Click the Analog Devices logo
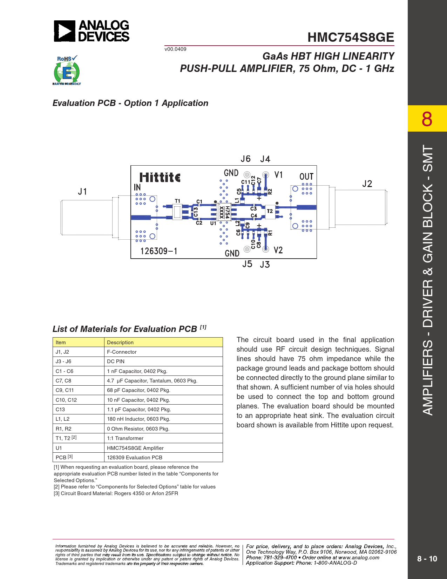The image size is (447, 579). tap(92, 31)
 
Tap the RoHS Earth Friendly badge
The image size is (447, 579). tap(67, 71)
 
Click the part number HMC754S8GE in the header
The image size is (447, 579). tap(351, 37)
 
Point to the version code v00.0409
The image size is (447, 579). tap(175, 49)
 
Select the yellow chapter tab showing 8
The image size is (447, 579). tap(427, 119)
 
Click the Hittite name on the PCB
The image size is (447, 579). tap(160, 177)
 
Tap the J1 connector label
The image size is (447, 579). tap(82, 192)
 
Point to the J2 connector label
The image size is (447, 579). tap(367, 184)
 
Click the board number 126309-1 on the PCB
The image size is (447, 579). tap(159, 251)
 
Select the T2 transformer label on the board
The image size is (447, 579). tap(270, 211)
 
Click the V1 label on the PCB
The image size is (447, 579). tap(278, 175)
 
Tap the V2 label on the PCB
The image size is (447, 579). tap(278, 250)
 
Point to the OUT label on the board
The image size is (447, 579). tap(306, 177)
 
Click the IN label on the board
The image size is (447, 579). tap(137, 188)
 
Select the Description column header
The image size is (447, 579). tap(120, 342)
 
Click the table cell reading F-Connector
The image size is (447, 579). tap(122, 352)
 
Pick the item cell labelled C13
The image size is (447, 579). tap(60, 410)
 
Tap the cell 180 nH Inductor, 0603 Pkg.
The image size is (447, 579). tap(138, 419)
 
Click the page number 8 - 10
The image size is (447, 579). tap(427, 559)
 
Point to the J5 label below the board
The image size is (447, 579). tap(247, 264)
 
